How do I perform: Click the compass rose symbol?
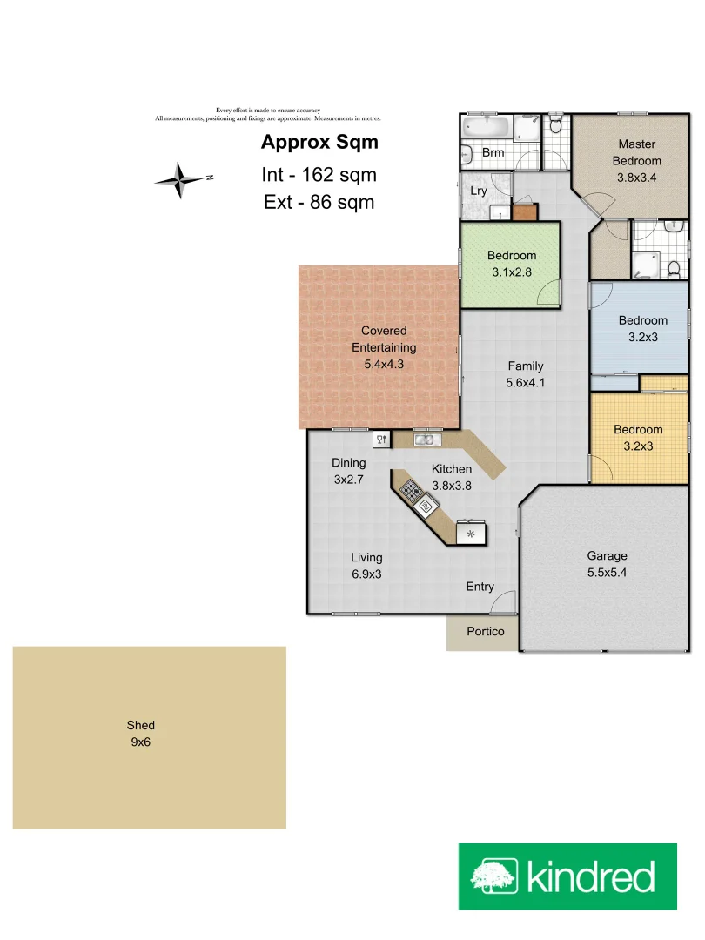180,180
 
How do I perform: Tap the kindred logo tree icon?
494,876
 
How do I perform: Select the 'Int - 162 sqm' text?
319,174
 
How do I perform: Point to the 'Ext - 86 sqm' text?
319,202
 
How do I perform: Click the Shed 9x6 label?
140,734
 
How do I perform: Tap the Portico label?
485,632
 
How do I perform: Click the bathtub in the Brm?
481,128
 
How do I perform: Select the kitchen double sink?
425,440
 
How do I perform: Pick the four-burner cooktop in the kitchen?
411,491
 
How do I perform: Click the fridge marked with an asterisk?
471,534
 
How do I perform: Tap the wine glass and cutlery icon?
381,440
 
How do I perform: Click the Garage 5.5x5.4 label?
607,564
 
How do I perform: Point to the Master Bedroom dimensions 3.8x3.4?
636,178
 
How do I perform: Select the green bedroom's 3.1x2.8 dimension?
511,272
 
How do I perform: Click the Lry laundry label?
479,191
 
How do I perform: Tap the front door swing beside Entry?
507,601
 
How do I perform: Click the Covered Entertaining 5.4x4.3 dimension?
384,364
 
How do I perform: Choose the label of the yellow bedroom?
638,429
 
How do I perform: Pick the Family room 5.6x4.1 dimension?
525,382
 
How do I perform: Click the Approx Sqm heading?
319,143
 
